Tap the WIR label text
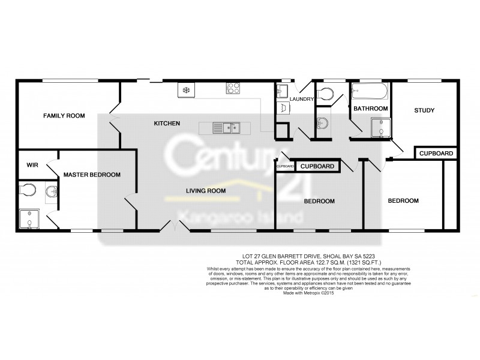32,164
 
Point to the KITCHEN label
167,123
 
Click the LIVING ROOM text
205,191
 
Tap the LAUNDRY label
302,99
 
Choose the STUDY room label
424,110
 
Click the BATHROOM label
370,109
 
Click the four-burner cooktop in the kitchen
233,88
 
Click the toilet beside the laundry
326,94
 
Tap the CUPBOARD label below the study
436,154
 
